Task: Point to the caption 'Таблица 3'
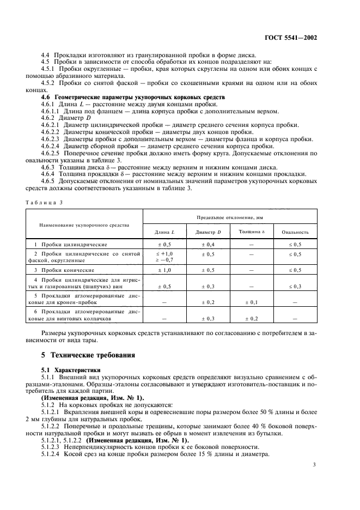tap(44, 202)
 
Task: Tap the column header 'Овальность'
tap(295, 232)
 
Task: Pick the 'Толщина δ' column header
tap(251, 232)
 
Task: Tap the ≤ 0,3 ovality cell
tap(295, 286)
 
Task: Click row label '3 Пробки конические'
tap(64, 270)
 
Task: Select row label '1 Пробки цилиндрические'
tap(70, 245)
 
